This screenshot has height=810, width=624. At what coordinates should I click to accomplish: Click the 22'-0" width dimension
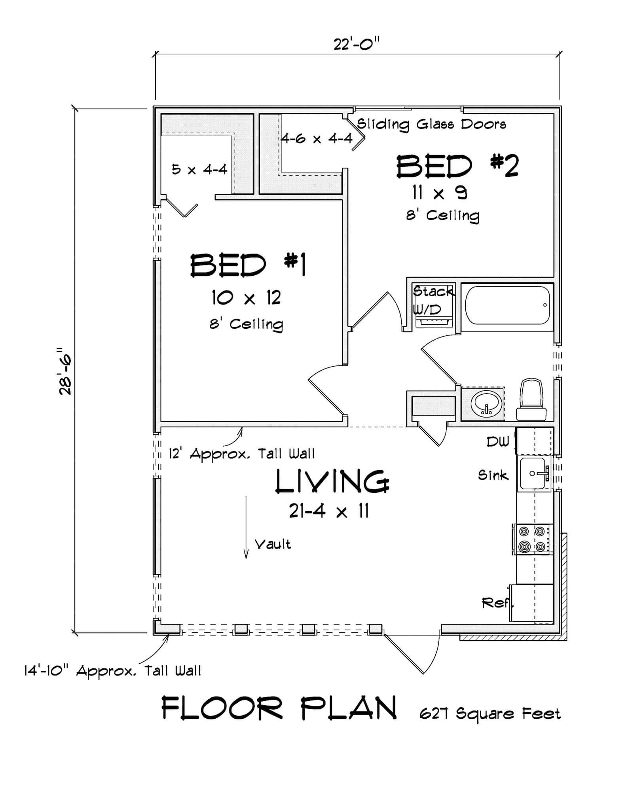click(x=356, y=44)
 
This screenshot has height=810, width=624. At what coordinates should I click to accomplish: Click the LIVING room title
click(x=332, y=481)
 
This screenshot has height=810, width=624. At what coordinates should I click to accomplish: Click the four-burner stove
click(x=533, y=539)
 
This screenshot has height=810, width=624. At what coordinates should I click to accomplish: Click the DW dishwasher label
click(x=497, y=442)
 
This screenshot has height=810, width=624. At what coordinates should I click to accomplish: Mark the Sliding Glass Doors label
click(x=431, y=124)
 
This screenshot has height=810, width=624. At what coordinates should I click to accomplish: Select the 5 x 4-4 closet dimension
click(x=199, y=170)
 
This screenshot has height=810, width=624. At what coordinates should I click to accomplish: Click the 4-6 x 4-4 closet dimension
click(x=317, y=138)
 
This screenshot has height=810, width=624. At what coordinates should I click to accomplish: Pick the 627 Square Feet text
click(x=490, y=714)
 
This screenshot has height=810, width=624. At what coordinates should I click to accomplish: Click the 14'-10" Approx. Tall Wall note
click(x=112, y=671)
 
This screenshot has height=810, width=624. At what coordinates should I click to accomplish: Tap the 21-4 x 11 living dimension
click(x=328, y=512)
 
